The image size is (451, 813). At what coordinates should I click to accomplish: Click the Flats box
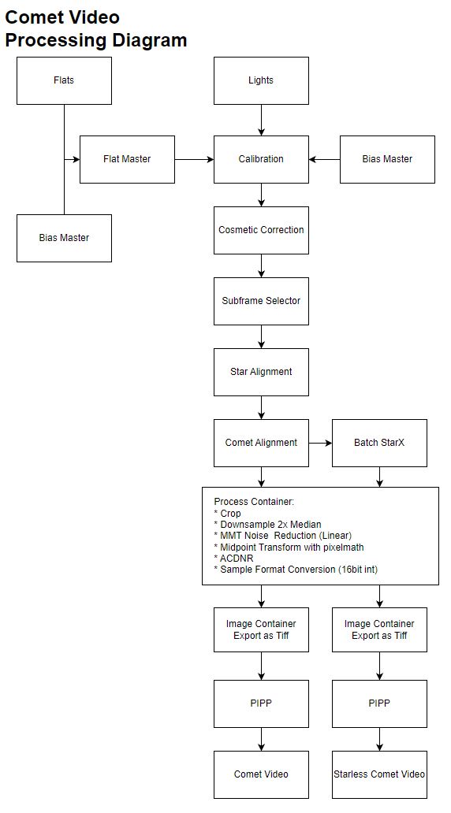(x=64, y=80)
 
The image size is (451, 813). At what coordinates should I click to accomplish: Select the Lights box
(x=261, y=80)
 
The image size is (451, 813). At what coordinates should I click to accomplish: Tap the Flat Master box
(x=127, y=159)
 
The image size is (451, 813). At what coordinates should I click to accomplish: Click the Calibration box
(x=261, y=159)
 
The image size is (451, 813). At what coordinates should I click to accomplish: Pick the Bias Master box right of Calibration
(x=387, y=159)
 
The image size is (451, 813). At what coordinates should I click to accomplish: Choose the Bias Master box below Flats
(x=64, y=238)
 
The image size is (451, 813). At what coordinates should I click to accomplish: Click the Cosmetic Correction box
(x=261, y=230)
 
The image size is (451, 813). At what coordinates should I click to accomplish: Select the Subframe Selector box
(x=261, y=301)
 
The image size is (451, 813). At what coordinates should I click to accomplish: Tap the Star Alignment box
(x=261, y=372)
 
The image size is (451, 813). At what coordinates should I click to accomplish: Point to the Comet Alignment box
(x=261, y=443)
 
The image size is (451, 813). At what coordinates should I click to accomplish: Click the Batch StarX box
(x=379, y=443)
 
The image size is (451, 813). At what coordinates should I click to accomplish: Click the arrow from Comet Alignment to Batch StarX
(x=320, y=443)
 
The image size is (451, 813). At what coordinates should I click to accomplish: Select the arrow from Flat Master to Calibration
(x=194, y=159)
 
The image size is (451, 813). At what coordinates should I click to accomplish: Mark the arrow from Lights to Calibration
(x=261, y=120)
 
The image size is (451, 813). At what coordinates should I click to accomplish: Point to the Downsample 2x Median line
(x=267, y=524)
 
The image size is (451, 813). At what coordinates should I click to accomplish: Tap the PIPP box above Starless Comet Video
(x=379, y=703)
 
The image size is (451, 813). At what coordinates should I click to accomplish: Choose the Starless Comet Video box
(x=379, y=774)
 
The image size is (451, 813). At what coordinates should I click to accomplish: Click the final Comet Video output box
(x=261, y=774)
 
